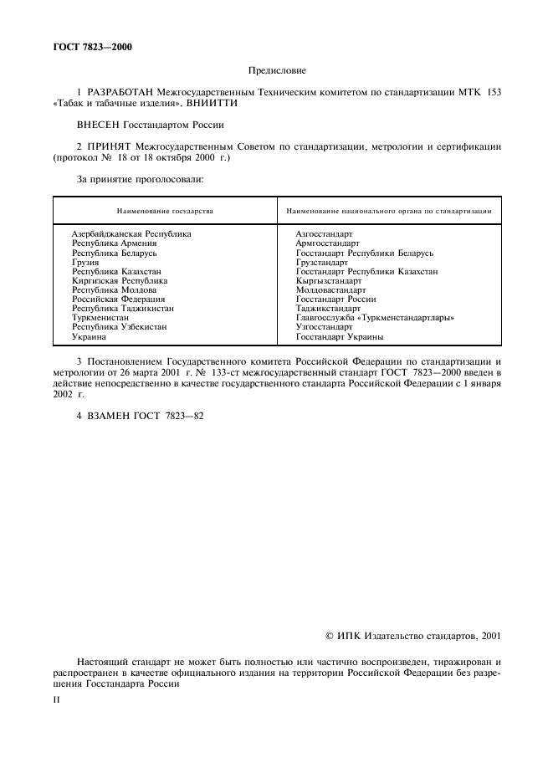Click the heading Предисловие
click(277, 71)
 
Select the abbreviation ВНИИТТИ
click(209, 102)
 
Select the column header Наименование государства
click(165, 211)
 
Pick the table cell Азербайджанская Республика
click(131, 234)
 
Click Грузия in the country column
click(85, 263)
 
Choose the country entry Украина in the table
click(89, 336)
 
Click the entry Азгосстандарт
click(325, 234)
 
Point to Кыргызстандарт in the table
click(329, 281)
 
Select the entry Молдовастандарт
click(330, 290)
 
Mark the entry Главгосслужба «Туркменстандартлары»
click(375, 318)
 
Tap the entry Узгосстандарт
click(324, 327)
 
